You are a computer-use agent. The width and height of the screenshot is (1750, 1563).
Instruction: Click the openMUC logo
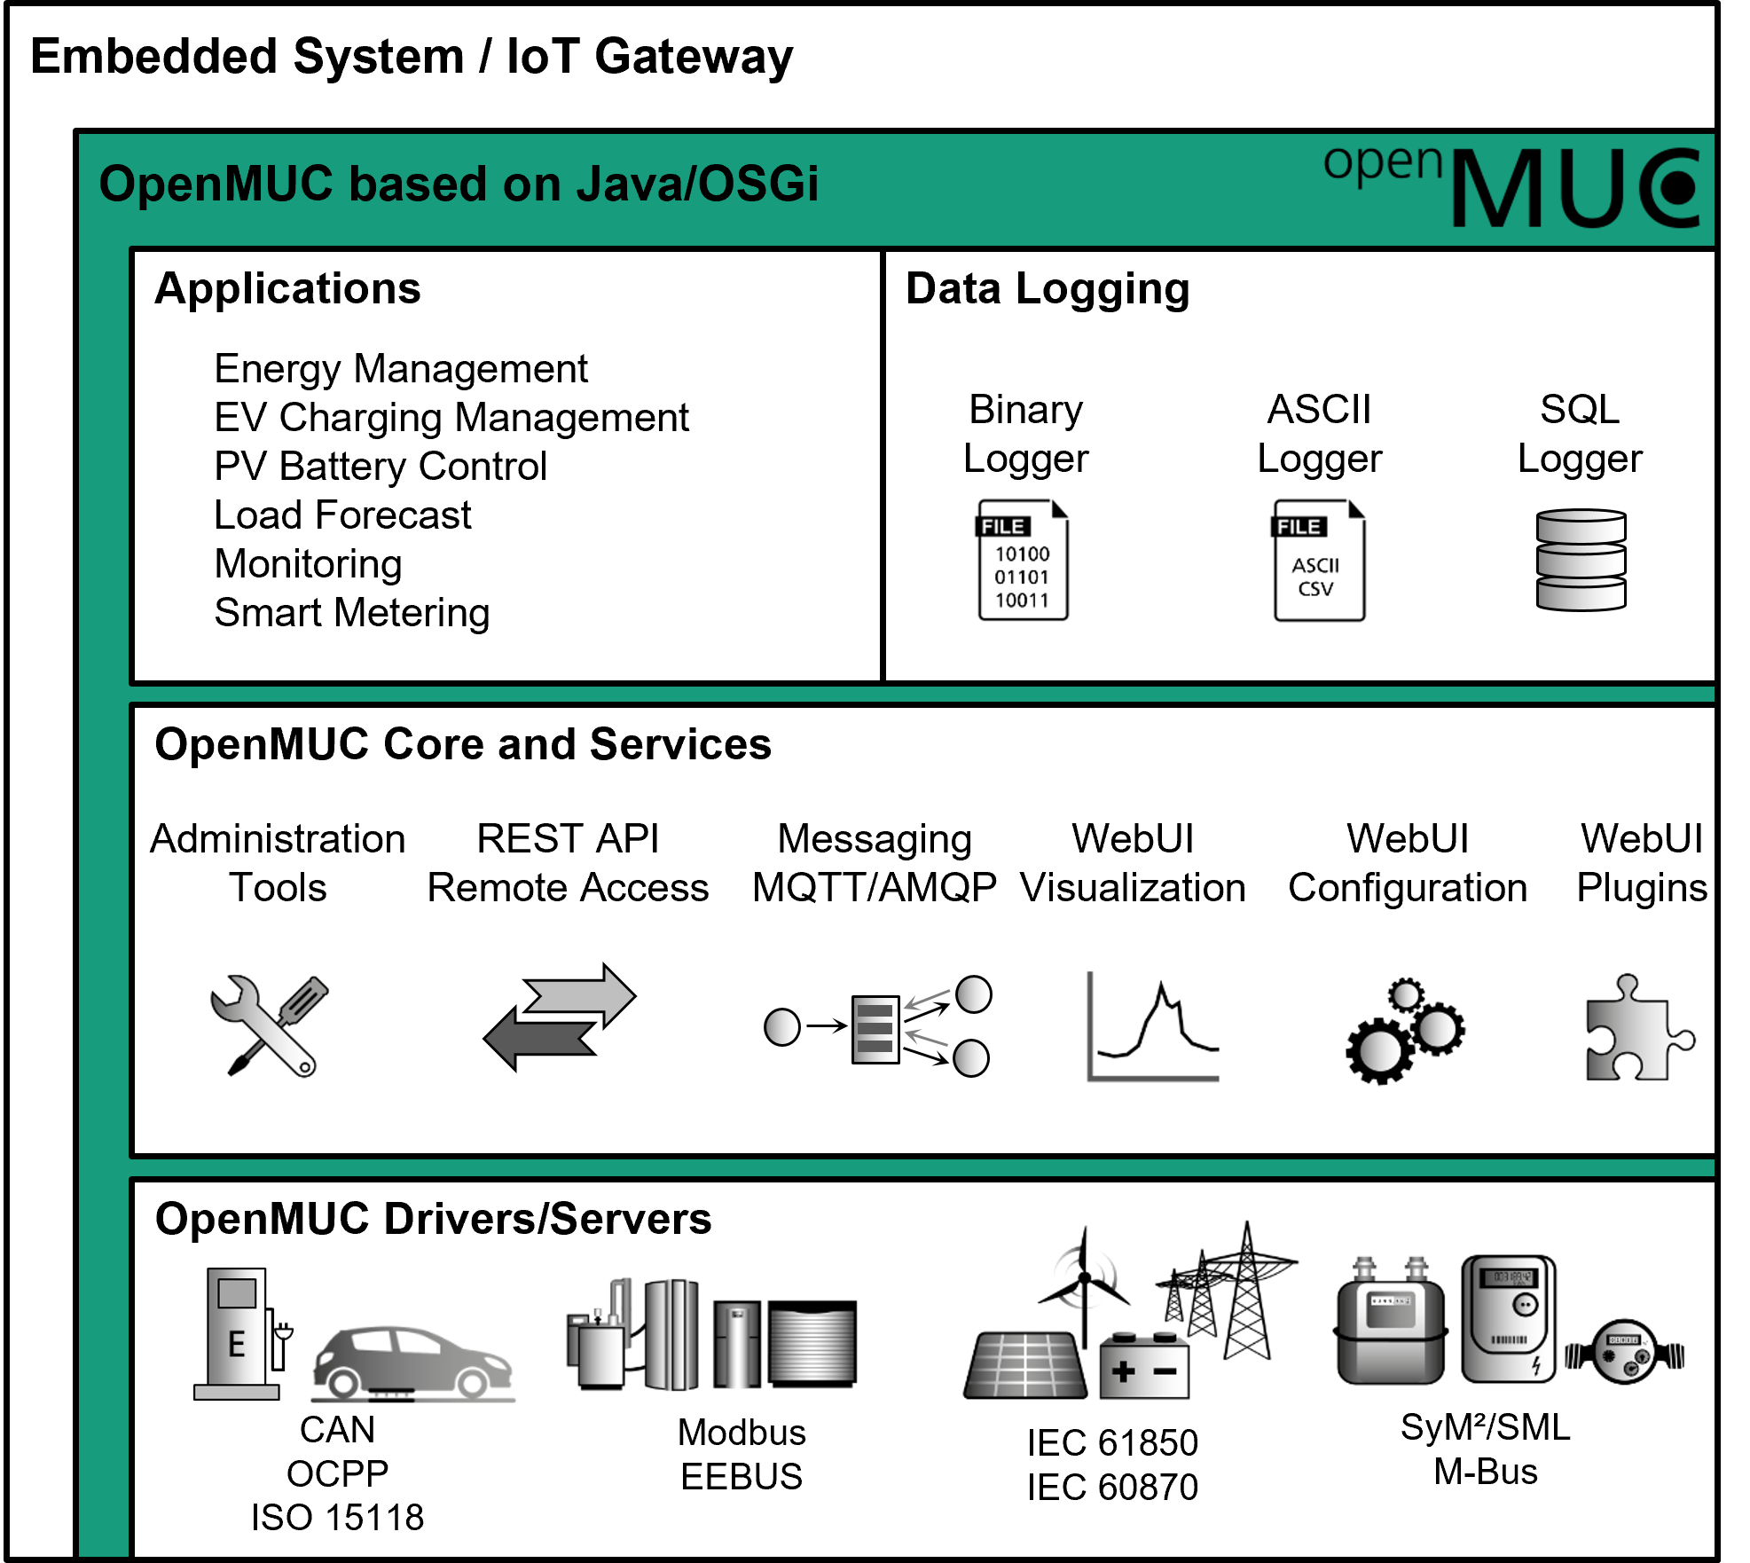[x=1513, y=185]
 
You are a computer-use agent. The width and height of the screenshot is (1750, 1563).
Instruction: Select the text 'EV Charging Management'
[x=451, y=418]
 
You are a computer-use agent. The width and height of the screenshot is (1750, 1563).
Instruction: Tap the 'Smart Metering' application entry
[x=352, y=613]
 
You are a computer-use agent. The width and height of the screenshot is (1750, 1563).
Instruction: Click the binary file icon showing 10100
[x=1023, y=562]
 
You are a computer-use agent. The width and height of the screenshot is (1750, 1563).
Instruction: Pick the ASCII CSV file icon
[x=1319, y=562]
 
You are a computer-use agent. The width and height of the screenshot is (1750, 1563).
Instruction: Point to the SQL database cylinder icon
[x=1581, y=560]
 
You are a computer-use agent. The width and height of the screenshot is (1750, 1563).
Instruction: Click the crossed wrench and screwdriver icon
[x=269, y=1025]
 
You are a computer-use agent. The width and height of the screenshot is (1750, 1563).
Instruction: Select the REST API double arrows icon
[x=560, y=1017]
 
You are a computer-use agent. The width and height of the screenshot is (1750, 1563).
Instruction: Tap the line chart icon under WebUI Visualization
[x=1152, y=1027]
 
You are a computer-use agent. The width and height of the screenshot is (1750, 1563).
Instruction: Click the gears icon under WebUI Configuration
[x=1404, y=1032]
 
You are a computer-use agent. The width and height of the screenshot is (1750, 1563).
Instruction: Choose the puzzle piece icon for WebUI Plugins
[x=1636, y=1030]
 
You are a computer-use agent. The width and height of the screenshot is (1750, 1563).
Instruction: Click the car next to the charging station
[x=412, y=1363]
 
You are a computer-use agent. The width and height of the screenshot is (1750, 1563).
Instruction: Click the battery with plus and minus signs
[x=1143, y=1366]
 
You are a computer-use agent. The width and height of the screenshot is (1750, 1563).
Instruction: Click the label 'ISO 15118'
[x=337, y=1518]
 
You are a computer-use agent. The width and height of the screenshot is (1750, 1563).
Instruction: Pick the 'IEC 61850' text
[x=1112, y=1443]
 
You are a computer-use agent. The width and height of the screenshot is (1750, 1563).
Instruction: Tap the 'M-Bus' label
[x=1486, y=1473]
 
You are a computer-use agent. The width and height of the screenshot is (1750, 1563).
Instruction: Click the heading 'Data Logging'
[x=1048, y=289]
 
